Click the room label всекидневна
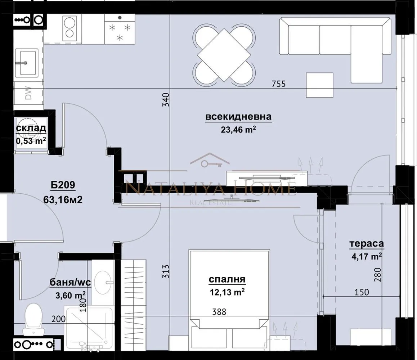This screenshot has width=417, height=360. (238, 117)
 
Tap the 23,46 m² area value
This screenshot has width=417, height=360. (238, 130)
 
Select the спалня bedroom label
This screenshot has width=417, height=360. (227, 279)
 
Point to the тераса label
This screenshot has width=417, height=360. (366, 244)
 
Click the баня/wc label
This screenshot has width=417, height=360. (71, 283)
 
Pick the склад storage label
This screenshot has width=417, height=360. (31, 128)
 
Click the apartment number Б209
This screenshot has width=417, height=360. (63, 186)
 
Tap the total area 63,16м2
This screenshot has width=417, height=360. (63, 199)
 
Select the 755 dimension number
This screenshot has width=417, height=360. (278, 84)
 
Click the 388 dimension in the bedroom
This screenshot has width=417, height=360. (219, 312)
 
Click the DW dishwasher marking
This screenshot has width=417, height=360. (28, 95)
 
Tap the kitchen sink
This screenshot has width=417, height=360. (28, 63)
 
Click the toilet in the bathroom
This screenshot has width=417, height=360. (33, 319)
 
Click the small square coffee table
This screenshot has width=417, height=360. (319, 85)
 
